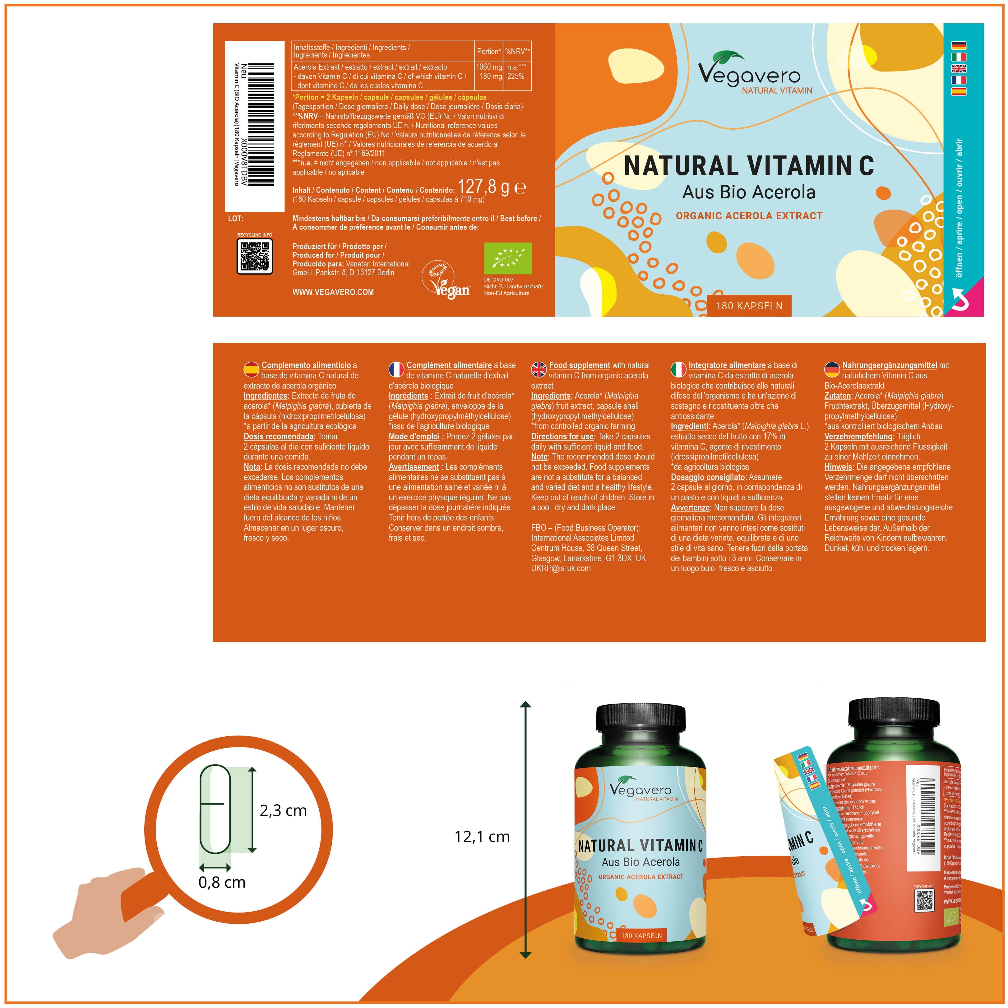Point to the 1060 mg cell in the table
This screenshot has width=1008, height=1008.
(489, 67)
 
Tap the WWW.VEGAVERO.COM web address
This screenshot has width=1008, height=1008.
(333, 292)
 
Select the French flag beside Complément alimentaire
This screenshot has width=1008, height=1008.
(396, 369)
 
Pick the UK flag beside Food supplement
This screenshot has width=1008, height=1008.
(539, 369)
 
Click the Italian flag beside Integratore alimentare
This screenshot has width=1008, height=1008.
(678, 369)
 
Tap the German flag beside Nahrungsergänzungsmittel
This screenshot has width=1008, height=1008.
(832, 369)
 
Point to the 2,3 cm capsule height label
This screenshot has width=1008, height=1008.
(283, 810)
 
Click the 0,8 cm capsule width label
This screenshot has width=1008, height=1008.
(222, 882)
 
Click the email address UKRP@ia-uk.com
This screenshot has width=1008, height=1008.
(561, 568)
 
